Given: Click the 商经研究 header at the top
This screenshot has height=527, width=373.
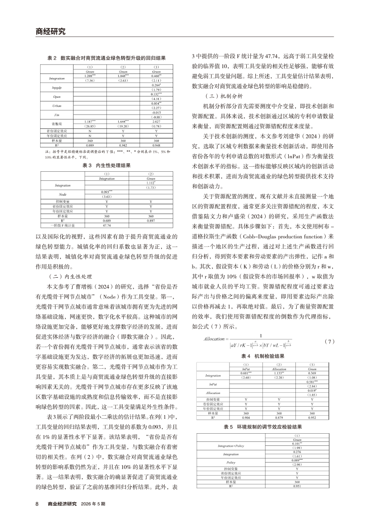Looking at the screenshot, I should [50, 32].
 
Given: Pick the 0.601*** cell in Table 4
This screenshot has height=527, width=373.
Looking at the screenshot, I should [246, 372].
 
